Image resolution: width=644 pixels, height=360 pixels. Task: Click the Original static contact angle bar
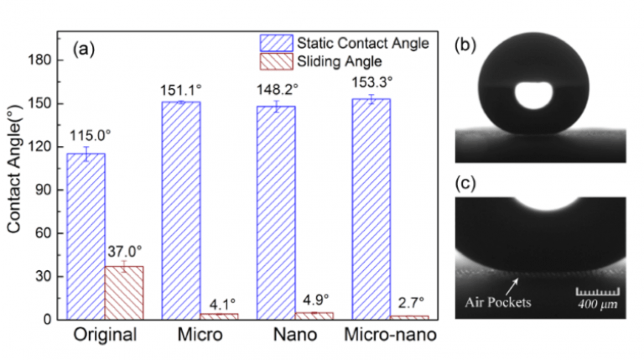pyautogui.click(x=91, y=236)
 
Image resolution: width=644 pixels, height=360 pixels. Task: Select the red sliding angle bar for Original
pyautogui.click(x=122, y=292)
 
